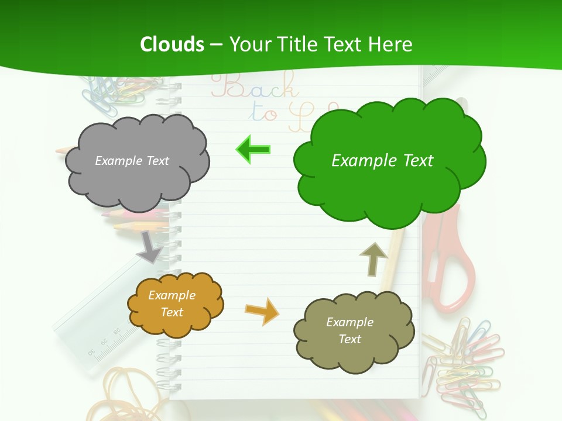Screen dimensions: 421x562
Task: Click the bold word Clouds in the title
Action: [x=172, y=44]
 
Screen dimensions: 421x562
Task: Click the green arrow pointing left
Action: [x=253, y=150]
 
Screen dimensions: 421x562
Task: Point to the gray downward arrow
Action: [x=150, y=246]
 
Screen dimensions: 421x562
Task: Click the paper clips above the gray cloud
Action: [x=111, y=94]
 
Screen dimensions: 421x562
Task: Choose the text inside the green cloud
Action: [x=382, y=161]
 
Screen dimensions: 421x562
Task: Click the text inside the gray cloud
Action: [x=132, y=161]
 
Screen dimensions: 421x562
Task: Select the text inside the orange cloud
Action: [x=172, y=303]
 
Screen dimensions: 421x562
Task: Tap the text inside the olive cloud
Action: [x=349, y=330]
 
